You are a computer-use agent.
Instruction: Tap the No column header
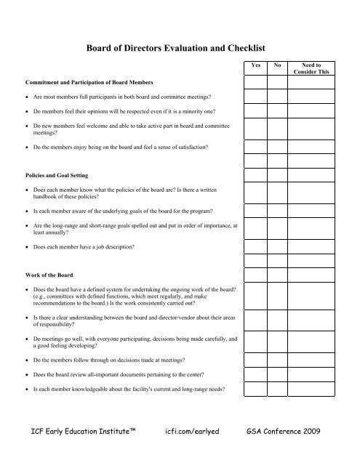(x=277, y=65)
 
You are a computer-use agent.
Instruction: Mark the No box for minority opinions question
(x=277, y=110)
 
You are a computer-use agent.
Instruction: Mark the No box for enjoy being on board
(x=277, y=147)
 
